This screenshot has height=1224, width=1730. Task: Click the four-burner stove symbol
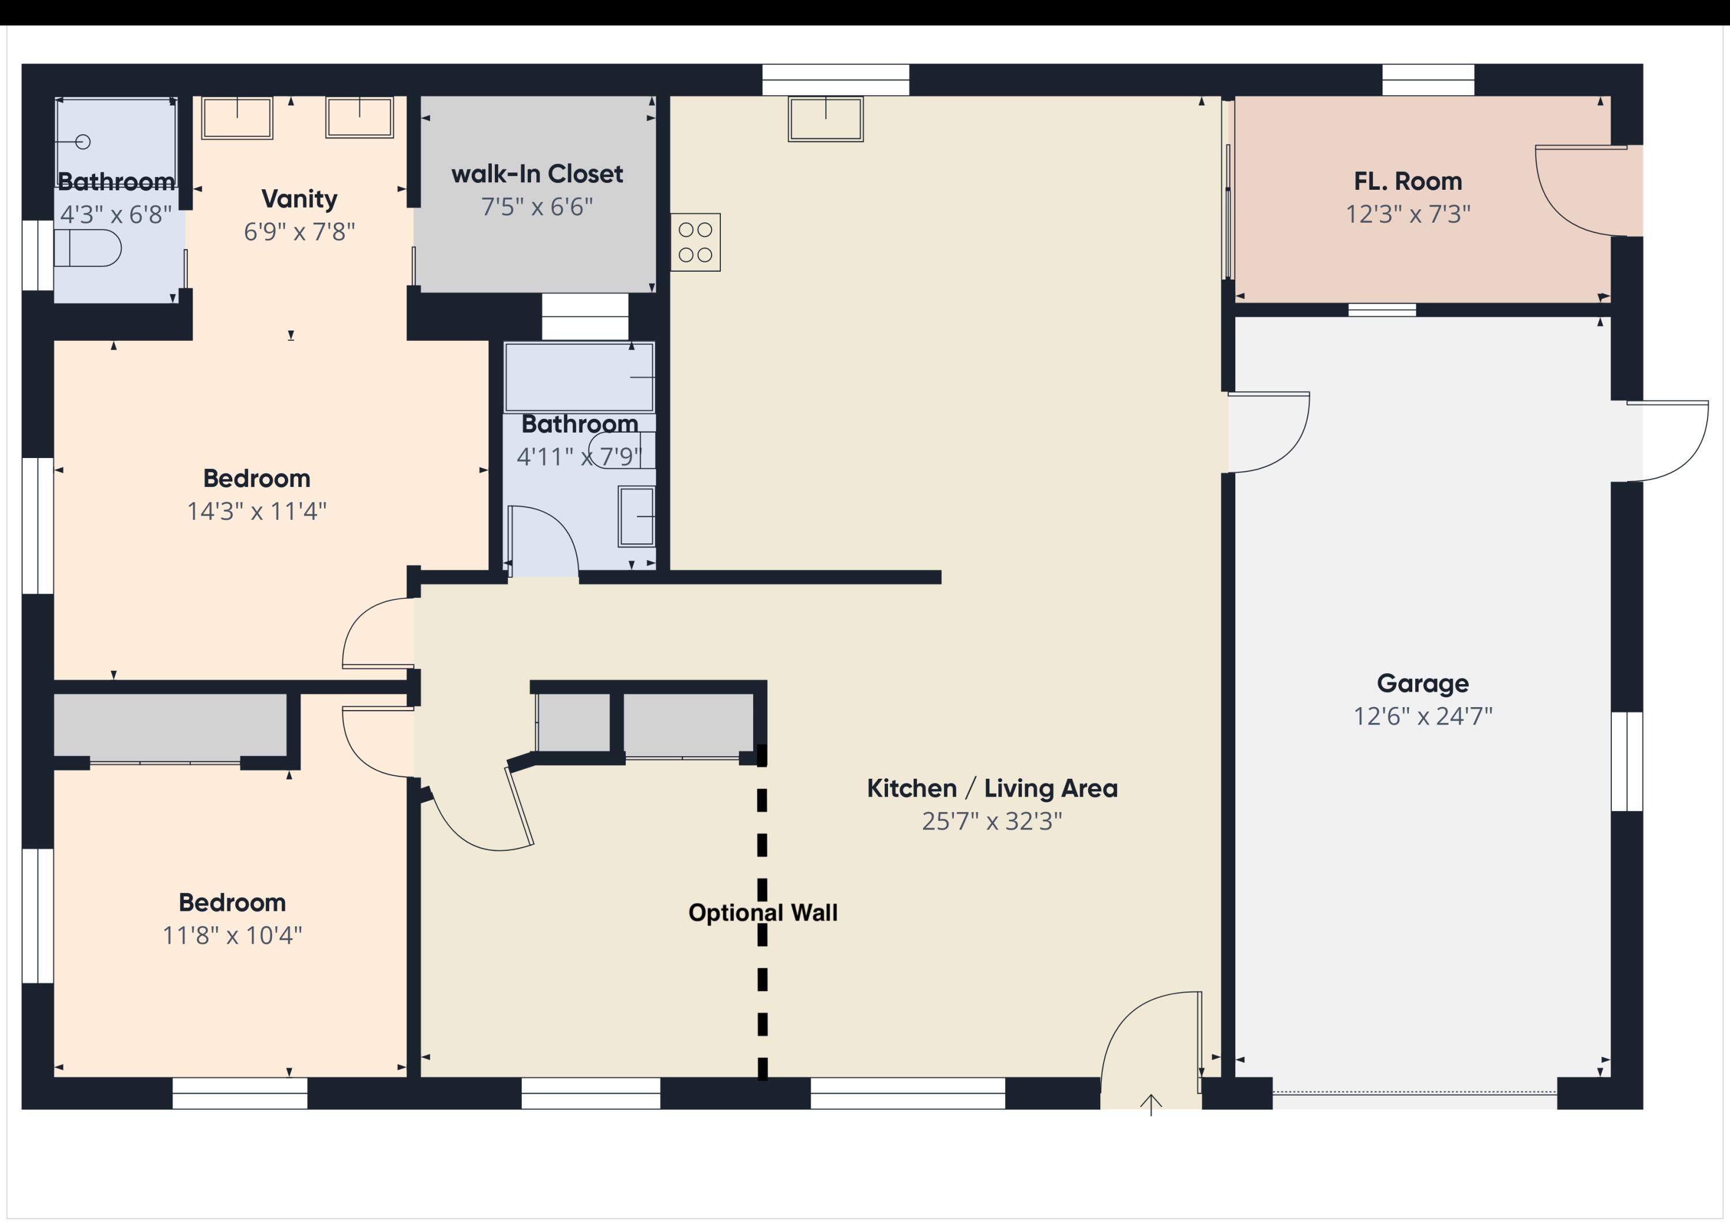coord(695,242)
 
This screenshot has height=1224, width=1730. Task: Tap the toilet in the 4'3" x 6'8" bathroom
coord(89,248)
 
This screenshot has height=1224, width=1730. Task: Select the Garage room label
coord(1422,683)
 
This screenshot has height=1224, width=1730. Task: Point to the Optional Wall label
coord(762,913)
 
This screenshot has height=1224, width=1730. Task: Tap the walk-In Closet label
coord(536,174)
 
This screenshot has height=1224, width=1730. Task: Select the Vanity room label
coord(299,199)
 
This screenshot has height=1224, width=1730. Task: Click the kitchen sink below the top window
coord(825,118)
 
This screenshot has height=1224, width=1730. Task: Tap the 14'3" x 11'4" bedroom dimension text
coord(256,512)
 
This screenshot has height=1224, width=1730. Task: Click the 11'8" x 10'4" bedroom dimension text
coord(232,936)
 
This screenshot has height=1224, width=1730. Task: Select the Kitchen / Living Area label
coord(992,789)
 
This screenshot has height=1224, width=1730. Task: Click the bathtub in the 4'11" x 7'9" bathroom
coord(578,377)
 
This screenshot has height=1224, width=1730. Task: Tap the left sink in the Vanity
coord(236,118)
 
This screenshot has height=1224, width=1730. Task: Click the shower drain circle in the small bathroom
coord(84,142)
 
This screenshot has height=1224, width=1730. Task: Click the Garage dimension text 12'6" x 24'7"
coord(1422,716)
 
